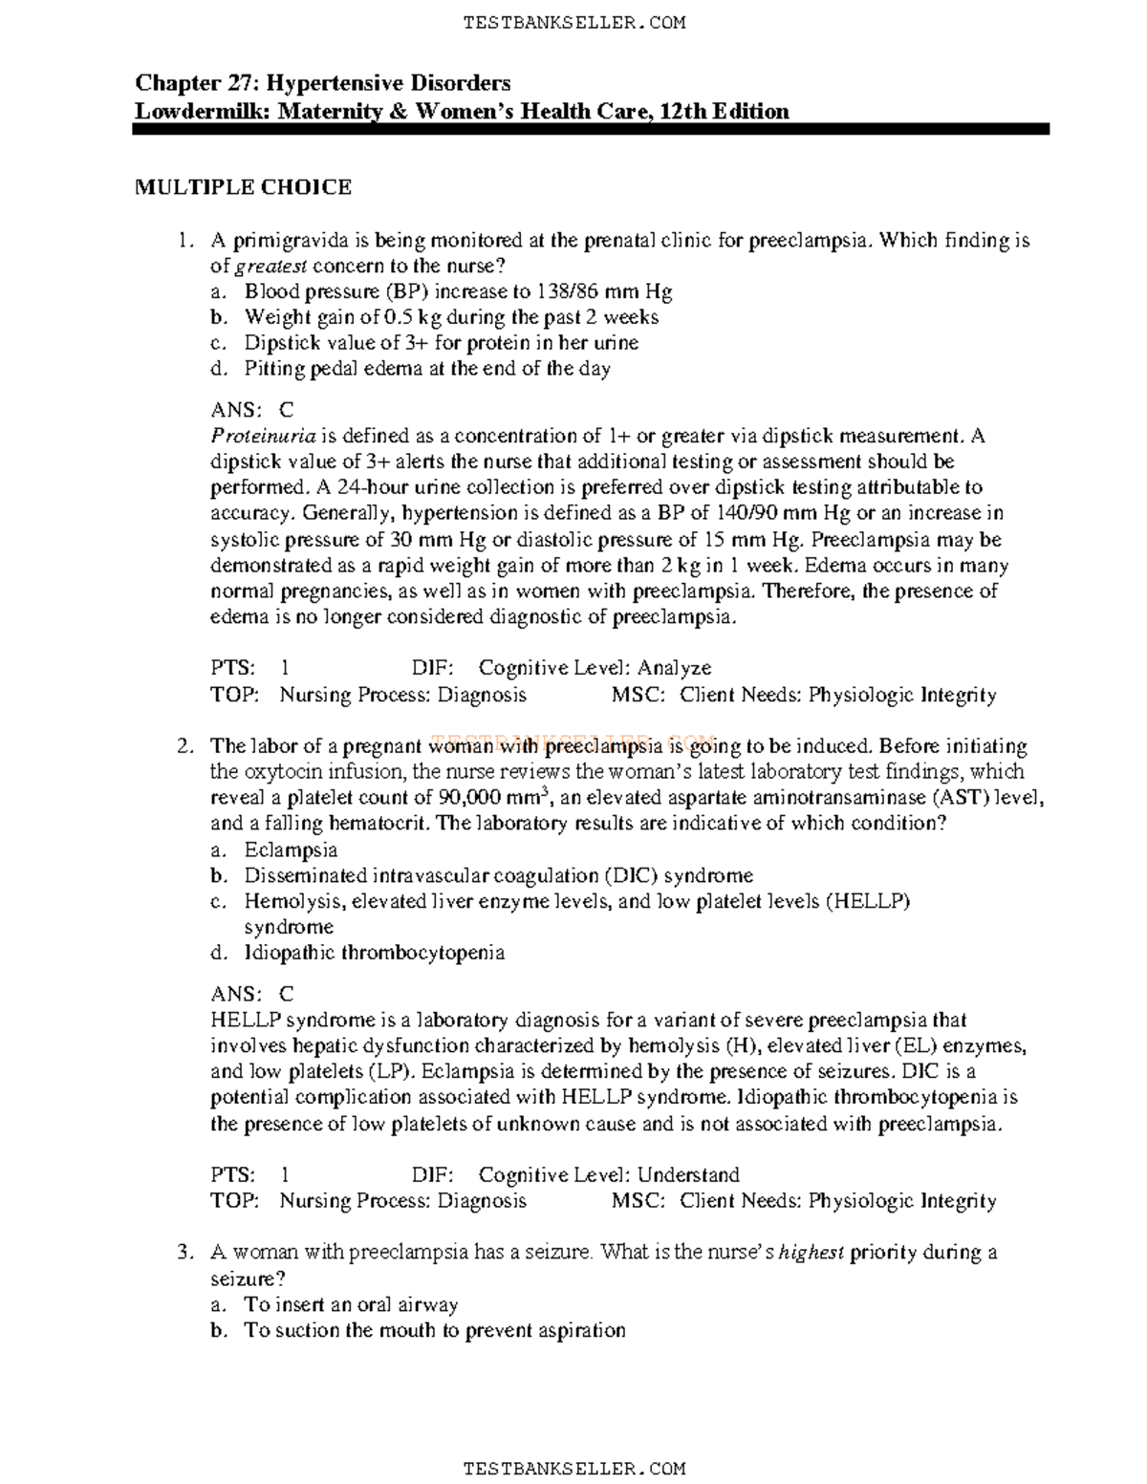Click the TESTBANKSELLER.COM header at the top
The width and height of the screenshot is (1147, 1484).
click(x=573, y=23)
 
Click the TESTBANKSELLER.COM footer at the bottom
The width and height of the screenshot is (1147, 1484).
click(x=573, y=1467)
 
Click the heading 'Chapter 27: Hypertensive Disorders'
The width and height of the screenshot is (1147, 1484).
click(x=322, y=83)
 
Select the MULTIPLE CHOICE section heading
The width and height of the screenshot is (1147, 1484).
click(x=243, y=187)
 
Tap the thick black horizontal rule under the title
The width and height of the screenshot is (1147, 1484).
click(x=591, y=129)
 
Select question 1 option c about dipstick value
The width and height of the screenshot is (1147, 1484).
click(x=441, y=342)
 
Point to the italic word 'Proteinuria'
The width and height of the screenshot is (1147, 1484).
click(x=263, y=437)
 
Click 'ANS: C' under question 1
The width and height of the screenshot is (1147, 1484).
click(x=252, y=410)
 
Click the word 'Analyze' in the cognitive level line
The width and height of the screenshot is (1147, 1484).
click(x=675, y=668)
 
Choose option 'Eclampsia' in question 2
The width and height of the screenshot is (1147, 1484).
click(x=291, y=850)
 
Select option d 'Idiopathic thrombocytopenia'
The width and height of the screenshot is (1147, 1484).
click(x=374, y=953)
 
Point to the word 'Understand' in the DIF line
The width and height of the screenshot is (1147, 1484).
click(x=688, y=1174)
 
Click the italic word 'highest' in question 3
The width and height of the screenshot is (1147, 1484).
click(x=812, y=1253)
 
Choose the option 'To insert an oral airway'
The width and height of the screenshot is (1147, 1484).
click(x=351, y=1304)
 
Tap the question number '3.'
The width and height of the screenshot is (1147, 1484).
click(x=187, y=1253)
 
